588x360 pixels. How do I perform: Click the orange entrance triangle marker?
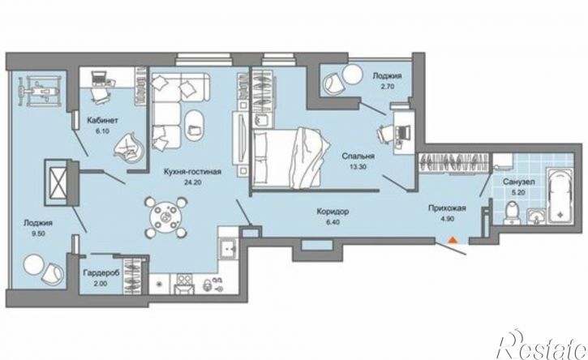(x=453, y=240)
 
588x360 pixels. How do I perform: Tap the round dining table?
(x=165, y=217)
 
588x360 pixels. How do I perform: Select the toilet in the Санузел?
(x=512, y=213)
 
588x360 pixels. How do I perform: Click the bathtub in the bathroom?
(x=560, y=195)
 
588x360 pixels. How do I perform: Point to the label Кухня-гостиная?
(x=192, y=172)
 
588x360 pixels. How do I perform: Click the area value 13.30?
(x=358, y=167)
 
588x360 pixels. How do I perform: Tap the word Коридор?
(x=333, y=212)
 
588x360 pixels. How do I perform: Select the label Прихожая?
(x=447, y=208)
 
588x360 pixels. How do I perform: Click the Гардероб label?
(x=101, y=273)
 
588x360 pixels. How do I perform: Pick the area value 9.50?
(x=38, y=233)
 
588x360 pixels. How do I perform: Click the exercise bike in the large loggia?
(x=39, y=90)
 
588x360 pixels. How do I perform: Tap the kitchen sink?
(x=228, y=248)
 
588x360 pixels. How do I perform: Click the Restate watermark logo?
(x=541, y=345)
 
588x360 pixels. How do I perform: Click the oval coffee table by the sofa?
(x=195, y=126)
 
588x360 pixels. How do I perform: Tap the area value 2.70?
(x=387, y=86)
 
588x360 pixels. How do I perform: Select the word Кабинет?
(x=103, y=120)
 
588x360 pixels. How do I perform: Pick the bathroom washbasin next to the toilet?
(x=537, y=217)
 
